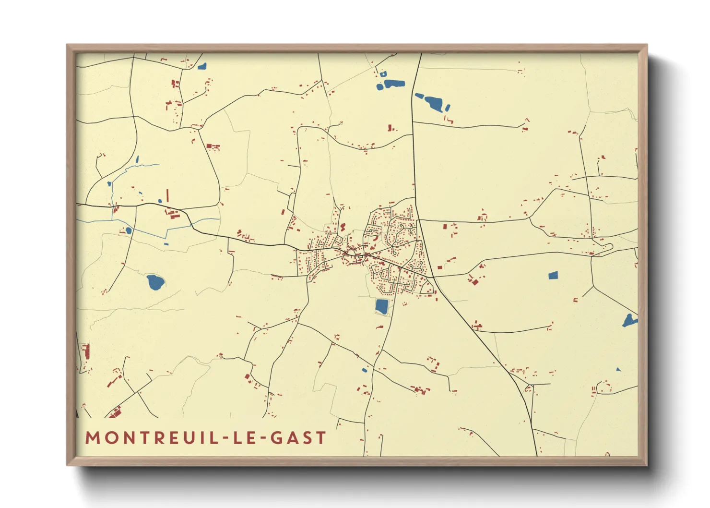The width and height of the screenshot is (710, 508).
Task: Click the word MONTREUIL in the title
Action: pos(151,438)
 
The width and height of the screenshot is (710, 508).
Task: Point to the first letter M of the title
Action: pos(92,438)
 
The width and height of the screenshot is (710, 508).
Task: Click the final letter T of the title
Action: pos(321,438)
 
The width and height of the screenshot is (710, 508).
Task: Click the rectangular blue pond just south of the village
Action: pos(381,306)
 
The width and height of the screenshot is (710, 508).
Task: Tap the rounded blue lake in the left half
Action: pos(155,282)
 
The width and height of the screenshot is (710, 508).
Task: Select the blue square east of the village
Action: pos(553,275)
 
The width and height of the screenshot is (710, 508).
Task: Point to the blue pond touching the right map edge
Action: pos(629,321)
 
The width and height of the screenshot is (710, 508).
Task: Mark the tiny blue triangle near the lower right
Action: pos(618,369)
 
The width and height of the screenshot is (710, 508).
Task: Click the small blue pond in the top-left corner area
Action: pos(202,66)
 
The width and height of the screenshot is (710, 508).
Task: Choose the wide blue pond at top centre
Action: pos(394,84)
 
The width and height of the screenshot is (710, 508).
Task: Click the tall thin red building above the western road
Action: pos(167,195)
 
